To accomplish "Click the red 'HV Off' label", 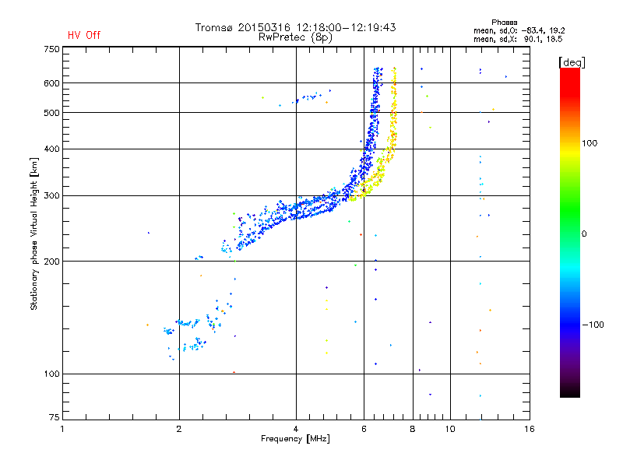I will point(83,35).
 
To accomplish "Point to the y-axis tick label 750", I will point(51,49).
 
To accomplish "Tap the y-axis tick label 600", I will point(51,83).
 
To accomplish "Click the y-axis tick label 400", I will point(51,149).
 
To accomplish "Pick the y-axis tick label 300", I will point(51,195).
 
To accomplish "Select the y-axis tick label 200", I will point(51,262).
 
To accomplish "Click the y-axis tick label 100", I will point(51,374).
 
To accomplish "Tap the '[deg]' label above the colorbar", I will point(572,61).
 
